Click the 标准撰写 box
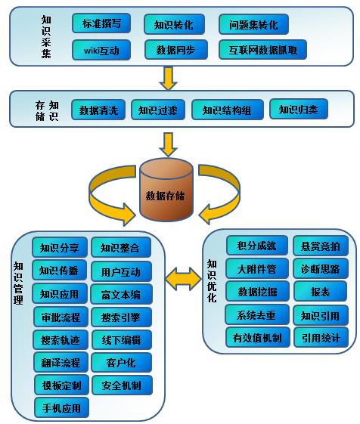point(101,23)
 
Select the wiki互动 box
point(101,50)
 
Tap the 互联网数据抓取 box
point(263,50)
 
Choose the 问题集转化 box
point(253,24)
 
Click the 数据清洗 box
point(98,110)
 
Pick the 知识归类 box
point(299,110)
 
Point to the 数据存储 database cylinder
point(166,190)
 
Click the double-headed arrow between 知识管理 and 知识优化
point(183,279)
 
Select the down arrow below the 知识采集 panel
point(169,79)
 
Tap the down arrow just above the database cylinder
point(169,144)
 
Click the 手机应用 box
point(62,408)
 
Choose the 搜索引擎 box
point(121,317)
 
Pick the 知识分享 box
point(60,247)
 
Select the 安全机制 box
point(122,385)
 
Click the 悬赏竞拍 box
point(321,246)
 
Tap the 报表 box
point(320,291)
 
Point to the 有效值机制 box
point(257,338)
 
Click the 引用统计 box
point(321,338)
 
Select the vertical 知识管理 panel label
point(18,283)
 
